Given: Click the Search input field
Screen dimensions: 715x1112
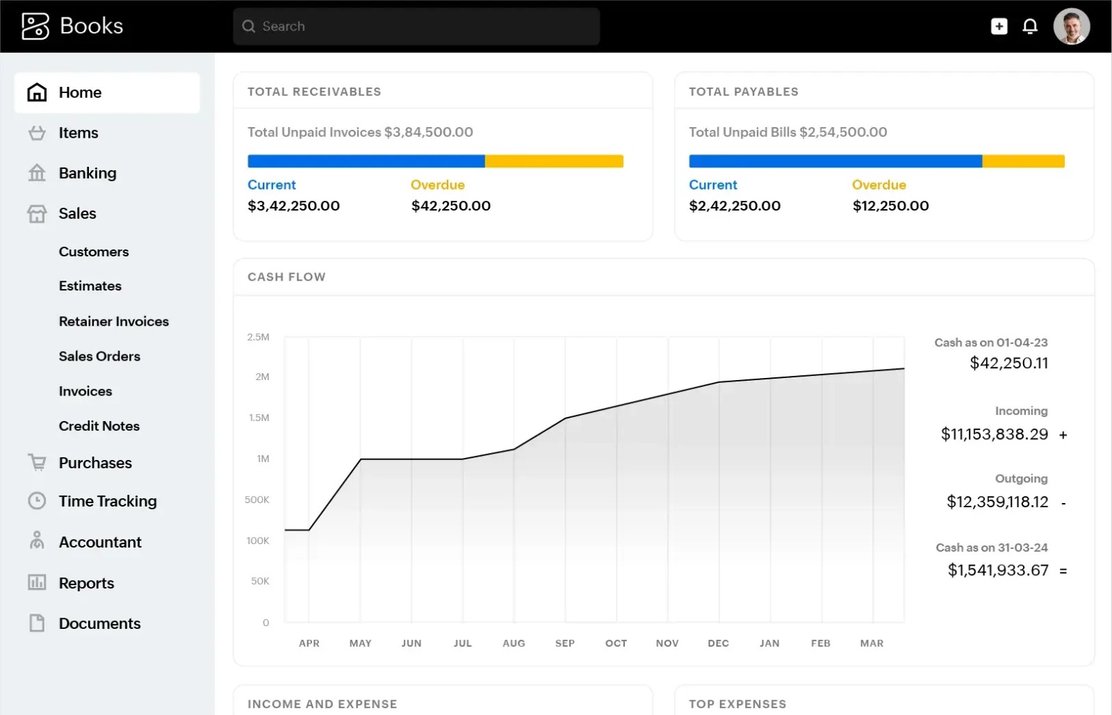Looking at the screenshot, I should pos(417,26).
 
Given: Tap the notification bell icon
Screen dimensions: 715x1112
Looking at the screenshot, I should pos(1030,26).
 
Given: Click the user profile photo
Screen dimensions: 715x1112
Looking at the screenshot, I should pos(1071,26).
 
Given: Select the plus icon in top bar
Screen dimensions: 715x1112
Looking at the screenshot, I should pos(999,26).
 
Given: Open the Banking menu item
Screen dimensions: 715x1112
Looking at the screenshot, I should pos(88,173).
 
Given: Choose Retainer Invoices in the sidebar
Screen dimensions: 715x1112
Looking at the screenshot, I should pos(114,321).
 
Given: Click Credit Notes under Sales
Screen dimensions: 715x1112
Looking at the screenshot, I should pos(99,426).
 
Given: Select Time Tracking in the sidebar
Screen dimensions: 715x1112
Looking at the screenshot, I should pos(108,501).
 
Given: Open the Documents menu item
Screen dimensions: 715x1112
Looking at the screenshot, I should pos(99,623).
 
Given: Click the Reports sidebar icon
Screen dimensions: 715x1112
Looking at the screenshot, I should pos(37,582).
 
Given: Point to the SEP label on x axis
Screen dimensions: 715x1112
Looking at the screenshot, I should pos(565,643).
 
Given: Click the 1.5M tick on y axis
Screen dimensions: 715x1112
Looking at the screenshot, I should pos(259,418).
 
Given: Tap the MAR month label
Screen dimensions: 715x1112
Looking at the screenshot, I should pos(872,643).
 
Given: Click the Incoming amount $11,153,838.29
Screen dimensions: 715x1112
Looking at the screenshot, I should pos(994,434).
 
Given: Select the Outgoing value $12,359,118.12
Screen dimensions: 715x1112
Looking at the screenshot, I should pos(997,502).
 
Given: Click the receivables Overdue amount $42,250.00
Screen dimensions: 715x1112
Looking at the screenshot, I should pos(451,206).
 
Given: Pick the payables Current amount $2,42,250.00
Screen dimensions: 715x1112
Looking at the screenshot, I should pos(735,206).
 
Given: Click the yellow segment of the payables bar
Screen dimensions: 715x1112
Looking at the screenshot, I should pos(1023,161).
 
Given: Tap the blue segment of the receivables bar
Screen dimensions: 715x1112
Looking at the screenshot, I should pos(366,161).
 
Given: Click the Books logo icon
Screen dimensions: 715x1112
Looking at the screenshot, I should pos(35,26).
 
